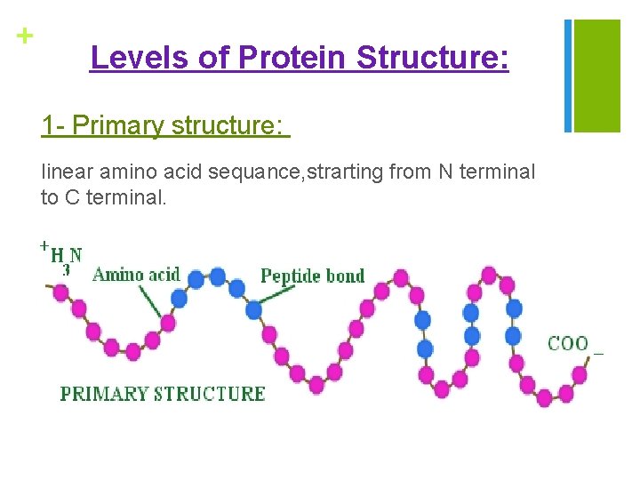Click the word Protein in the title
[x=292, y=58]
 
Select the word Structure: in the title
[x=433, y=58]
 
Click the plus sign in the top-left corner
[x=24, y=36]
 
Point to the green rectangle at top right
[x=597, y=76]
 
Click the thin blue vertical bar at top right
[x=568, y=76]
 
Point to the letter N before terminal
[x=445, y=172]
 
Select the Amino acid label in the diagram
[x=136, y=275]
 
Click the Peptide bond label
[x=312, y=276]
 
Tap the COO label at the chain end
[x=567, y=343]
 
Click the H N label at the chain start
[x=67, y=255]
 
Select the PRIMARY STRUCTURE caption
[x=163, y=394]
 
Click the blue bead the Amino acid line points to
[x=179, y=299]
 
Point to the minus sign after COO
[x=598, y=354]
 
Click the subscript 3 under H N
[x=66, y=269]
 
